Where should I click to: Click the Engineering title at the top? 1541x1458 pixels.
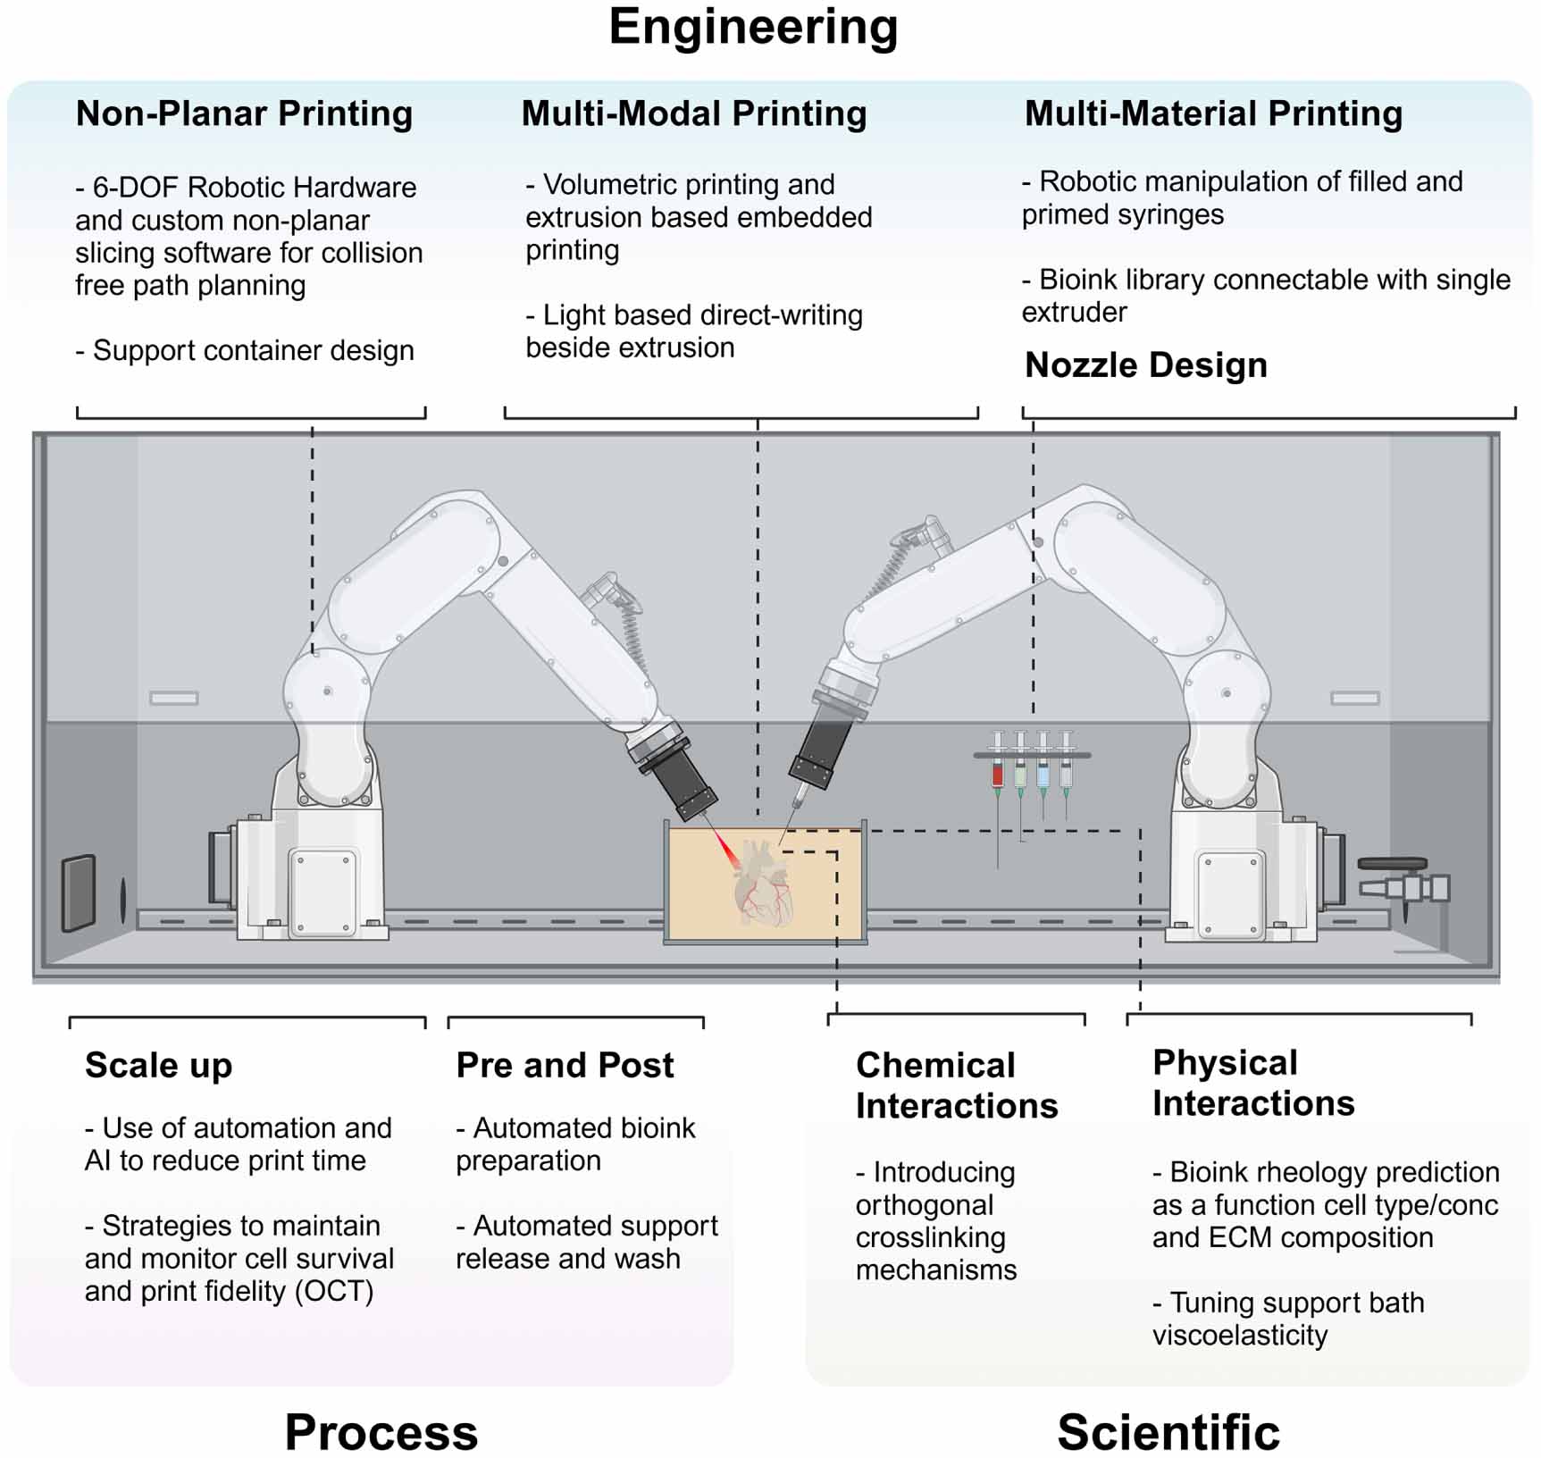[753, 27]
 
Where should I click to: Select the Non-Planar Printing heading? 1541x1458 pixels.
[244, 113]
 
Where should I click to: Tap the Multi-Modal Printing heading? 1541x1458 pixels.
[693, 113]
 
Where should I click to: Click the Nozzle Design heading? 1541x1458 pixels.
[1145, 364]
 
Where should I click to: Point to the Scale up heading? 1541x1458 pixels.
[158, 1065]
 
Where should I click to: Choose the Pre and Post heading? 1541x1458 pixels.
[565, 1065]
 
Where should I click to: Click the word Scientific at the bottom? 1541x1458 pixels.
[1168, 1431]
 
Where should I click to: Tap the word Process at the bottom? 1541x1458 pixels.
[381, 1431]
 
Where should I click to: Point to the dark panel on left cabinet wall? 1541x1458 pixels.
[79, 893]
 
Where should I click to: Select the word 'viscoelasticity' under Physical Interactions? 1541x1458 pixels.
[1239, 1335]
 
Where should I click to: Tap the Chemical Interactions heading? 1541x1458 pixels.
[956, 1085]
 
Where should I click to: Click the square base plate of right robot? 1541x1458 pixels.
[1230, 893]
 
